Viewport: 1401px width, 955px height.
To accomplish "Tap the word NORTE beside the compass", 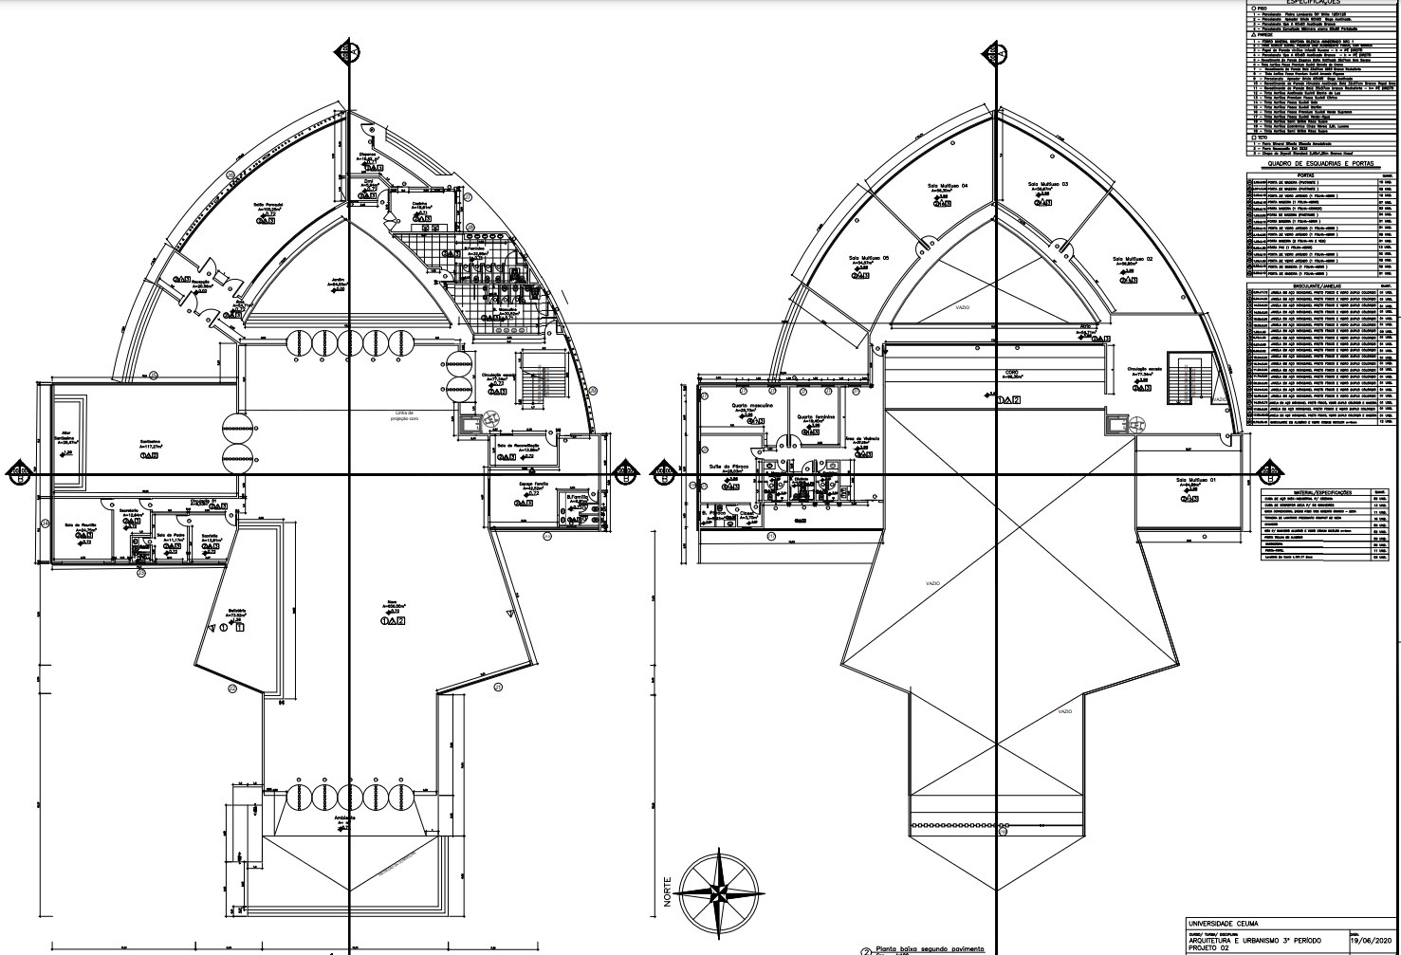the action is [667, 891].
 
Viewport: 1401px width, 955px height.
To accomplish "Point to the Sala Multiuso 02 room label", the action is [1132, 259].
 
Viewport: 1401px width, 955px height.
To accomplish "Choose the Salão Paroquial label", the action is [269, 206].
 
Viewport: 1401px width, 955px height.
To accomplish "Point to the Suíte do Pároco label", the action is [729, 467].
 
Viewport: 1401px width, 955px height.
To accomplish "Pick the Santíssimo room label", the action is [150, 441].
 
